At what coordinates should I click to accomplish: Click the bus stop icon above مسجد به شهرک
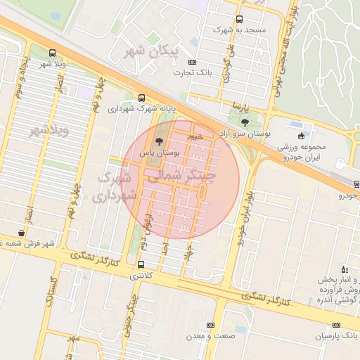tap(240, 20)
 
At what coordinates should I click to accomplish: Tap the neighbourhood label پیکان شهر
tap(151, 51)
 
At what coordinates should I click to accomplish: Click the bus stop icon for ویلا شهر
tap(52, 53)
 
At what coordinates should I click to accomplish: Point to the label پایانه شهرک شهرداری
tap(141, 108)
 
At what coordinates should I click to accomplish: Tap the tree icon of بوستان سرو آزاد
tap(244, 122)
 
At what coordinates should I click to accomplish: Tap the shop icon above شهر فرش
tap(21, 233)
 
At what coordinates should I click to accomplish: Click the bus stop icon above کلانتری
tap(142, 265)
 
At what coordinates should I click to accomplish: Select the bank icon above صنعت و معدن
tap(210, 325)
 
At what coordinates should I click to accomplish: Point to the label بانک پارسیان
tap(336, 337)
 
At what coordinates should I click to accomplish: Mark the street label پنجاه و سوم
tap(22, 77)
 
